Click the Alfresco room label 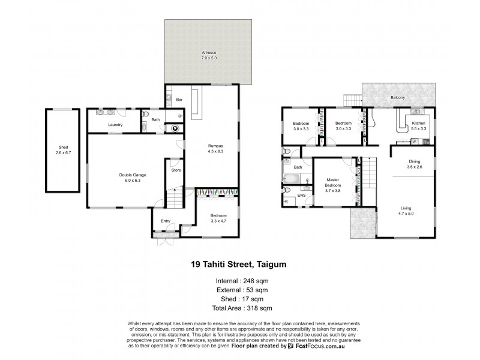click(x=209, y=53)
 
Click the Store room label click(x=176, y=170)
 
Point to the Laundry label click(x=115, y=125)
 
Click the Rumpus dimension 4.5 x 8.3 click(x=216, y=151)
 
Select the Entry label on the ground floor click(x=166, y=221)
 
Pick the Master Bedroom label click(x=333, y=182)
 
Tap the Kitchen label click(x=418, y=123)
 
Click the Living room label click(x=406, y=208)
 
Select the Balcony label click(x=397, y=97)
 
